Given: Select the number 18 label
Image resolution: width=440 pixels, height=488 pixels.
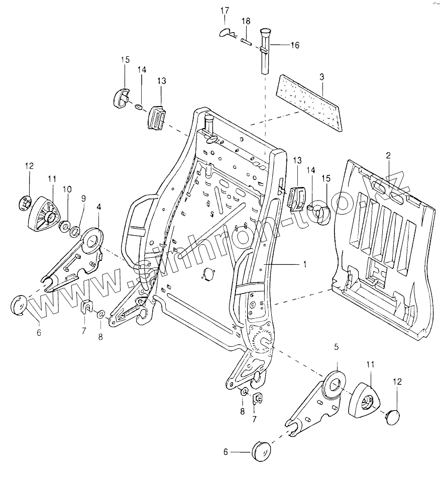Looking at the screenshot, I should [246, 21].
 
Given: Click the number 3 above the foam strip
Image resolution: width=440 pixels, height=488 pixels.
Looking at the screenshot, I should [322, 77].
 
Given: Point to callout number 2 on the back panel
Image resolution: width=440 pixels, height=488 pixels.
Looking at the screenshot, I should [388, 156].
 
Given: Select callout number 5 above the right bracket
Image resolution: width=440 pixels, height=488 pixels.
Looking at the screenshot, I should [337, 347].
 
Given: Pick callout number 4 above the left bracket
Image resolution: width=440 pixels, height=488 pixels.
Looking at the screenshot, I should [98, 207].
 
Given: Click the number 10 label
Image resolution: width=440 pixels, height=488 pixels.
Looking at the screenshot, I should [67, 189].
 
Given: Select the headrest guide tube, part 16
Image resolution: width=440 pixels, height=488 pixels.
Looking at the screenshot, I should [264, 53].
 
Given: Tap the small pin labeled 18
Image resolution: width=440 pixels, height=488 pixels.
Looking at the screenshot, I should [246, 41].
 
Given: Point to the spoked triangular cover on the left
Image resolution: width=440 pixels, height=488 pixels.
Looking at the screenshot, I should [45, 214].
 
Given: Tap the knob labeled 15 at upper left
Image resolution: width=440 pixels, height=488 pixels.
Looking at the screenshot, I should [120, 96].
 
